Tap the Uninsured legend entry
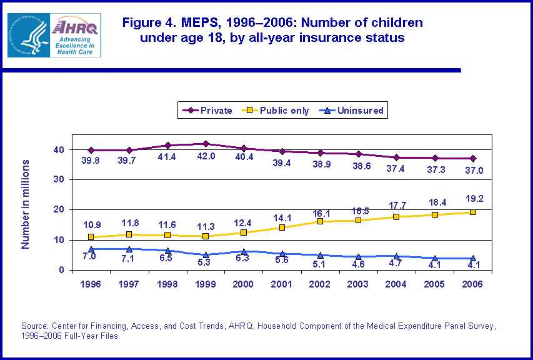click(x=354, y=111)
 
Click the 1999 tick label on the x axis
click(x=206, y=284)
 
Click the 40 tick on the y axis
click(x=58, y=150)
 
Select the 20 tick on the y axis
click(x=58, y=210)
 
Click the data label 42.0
click(x=206, y=156)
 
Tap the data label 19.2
click(x=474, y=199)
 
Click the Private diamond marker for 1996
click(x=91, y=150)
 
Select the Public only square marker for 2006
click(x=473, y=212)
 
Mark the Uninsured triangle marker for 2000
click(x=244, y=251)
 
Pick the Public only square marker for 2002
click(x=321, y=221)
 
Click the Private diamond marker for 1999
click(x=206, y=144)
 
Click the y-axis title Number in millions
click(x=26, y=204)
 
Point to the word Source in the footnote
click(x=34, y=326)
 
